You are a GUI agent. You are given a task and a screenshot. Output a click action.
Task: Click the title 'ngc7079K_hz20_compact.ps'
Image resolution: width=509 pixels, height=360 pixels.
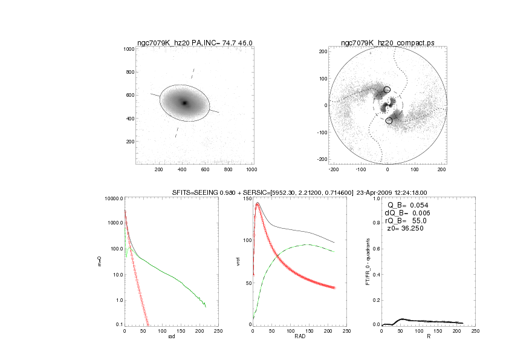[x=387, y=42]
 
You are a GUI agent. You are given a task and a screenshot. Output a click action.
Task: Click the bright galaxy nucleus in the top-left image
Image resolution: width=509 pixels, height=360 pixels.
[x=185, y=103]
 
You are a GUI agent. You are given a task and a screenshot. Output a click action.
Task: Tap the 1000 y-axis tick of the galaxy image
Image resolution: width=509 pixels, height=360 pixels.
[x=128, y=49]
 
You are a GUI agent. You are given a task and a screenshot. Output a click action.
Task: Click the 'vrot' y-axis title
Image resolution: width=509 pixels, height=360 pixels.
[x=238, y=261]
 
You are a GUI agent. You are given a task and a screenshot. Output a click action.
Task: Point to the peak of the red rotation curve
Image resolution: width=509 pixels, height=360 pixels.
[x=258, y=205]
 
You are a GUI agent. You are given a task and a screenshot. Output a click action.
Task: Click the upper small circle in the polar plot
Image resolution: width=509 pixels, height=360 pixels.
[x=387, y=90]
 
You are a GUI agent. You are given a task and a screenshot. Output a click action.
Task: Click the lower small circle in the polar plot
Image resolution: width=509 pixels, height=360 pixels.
[x=389, y=121]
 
